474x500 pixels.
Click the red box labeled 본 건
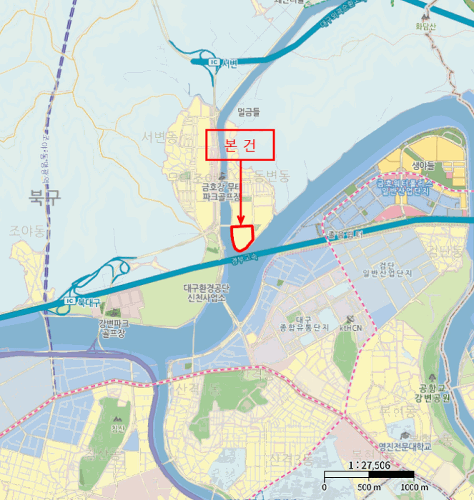240,145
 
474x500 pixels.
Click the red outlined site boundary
243,236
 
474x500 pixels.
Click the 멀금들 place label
249,111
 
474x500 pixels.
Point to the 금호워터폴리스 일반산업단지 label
403,188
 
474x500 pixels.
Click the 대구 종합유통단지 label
310,323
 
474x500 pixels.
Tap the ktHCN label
352,327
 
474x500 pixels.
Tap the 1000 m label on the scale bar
415,487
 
